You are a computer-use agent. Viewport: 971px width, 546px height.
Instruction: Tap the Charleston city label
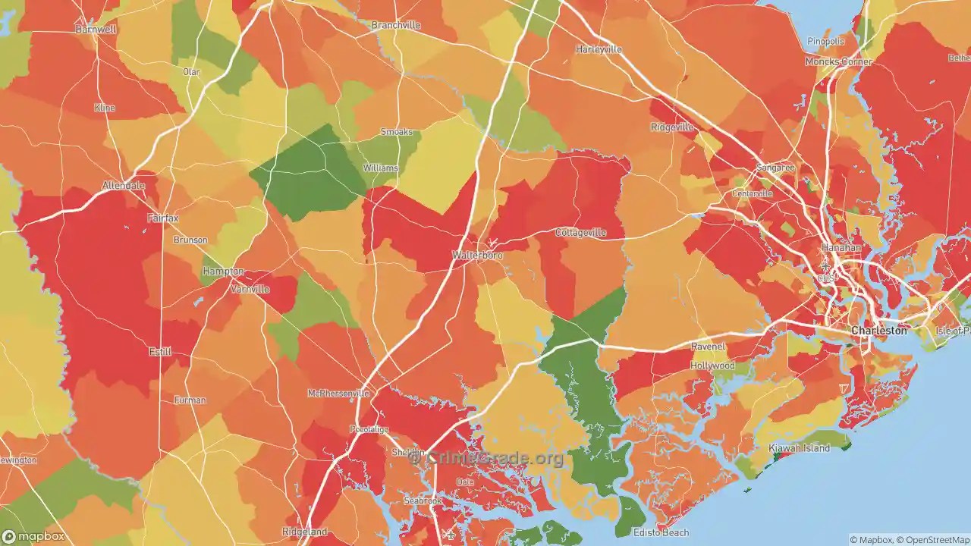click(x=878, y=331)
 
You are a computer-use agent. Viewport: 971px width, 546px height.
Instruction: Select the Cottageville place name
click(x=580, y=233)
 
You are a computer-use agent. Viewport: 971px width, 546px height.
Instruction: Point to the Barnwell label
click(x=96, y=29)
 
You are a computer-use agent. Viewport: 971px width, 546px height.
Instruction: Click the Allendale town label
click(x=124, y=185)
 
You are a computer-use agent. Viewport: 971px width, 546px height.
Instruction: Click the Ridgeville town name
click(x=672, y=127)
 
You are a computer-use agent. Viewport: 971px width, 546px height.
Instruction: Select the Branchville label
click(x=395, y=25)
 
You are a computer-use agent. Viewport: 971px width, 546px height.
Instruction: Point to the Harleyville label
click(x=599, y=49)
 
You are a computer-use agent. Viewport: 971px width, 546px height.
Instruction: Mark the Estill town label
click(x=160, y=352)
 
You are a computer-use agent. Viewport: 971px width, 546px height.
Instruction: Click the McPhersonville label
click(x=338, y=393)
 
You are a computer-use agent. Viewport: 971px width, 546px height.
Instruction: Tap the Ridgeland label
click(x=304, y=532)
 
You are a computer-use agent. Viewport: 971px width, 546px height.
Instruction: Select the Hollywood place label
click(x=712, y=366)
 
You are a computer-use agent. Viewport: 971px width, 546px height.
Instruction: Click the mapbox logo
click(x=38, y=536)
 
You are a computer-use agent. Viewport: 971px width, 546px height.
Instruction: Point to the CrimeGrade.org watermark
click(x=485, y=458)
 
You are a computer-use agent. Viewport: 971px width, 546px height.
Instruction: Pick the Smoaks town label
click(x=396, y=132)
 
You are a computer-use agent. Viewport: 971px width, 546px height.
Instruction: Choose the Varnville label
click(x=250, y=289)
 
